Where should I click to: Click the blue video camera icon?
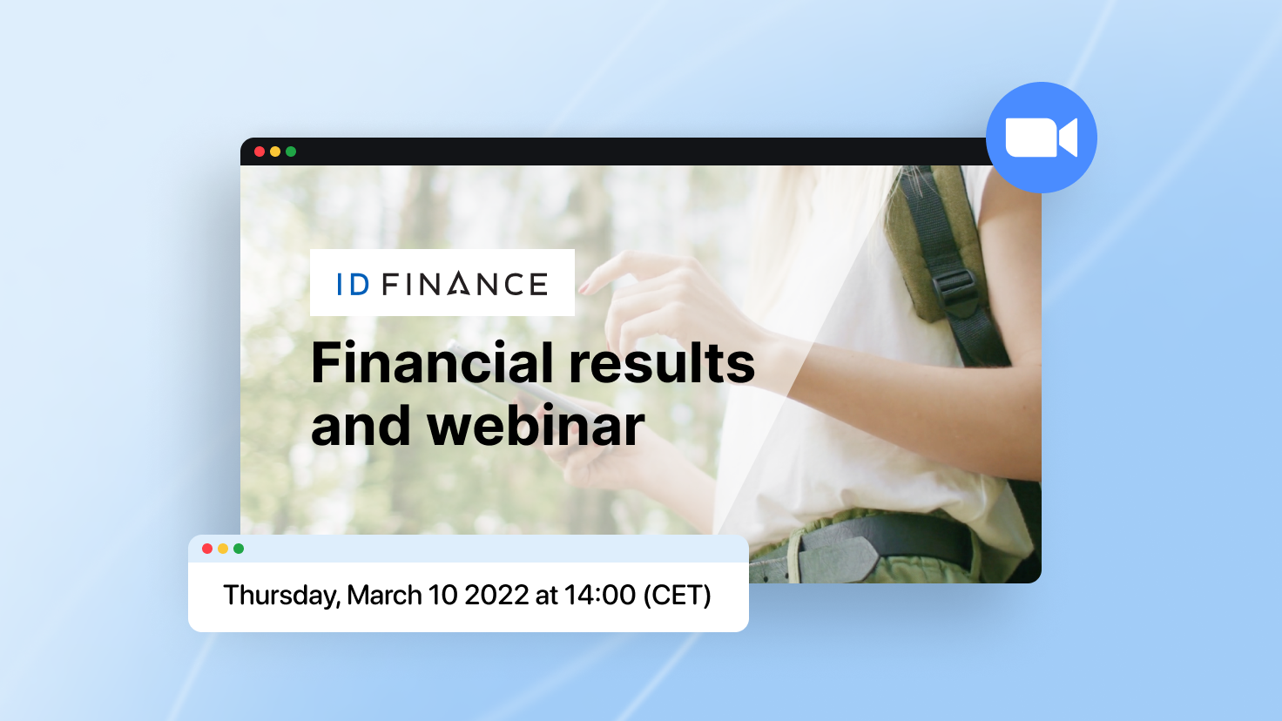(x=1041, y=138)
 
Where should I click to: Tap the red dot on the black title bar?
(x=260, y=152)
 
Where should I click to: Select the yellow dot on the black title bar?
(x=275, y=152)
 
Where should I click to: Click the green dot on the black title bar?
(x=291, y=152)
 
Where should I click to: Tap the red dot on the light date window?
(x=207, y=549)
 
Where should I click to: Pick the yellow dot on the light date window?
(x=223, y=549)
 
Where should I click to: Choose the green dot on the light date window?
(x=239, y=549)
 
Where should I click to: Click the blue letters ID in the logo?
(x=353, y=285)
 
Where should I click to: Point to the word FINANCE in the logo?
(x=465, y=284)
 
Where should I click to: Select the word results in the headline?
(x=662, y=363)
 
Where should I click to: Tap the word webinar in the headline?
(x=536, y=426)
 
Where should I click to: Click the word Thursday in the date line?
(x=281, y=595)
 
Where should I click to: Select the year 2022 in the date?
(x=496, y=595)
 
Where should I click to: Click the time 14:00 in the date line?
(x=600, y=595)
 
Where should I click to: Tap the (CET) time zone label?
(x=677, y=595)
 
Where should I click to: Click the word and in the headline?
(x=361, y=426)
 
